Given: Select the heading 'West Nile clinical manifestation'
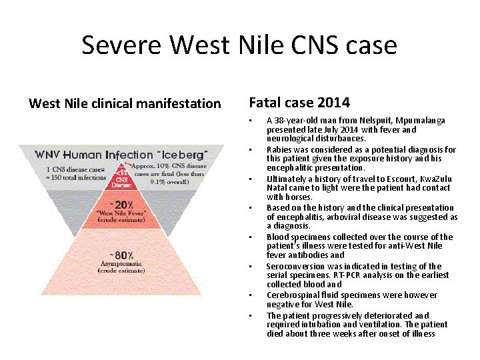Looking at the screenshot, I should [125, 103].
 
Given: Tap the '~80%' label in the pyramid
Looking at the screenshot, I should [122, 255].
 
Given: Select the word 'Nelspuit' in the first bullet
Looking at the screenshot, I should [359, 121].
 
